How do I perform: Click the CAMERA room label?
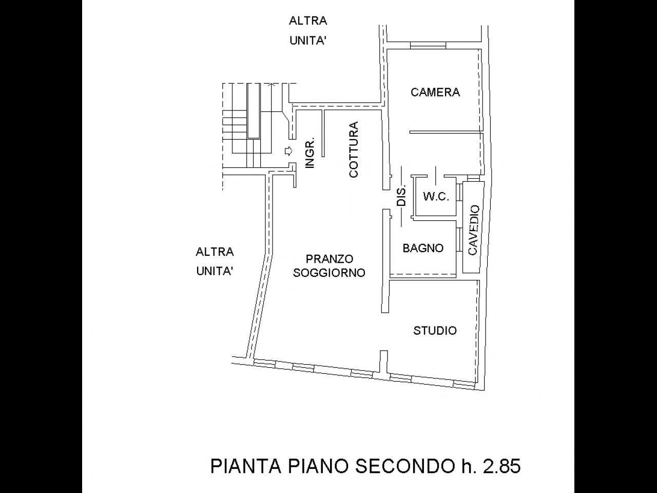[435, 92]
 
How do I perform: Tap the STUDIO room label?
[435, 331]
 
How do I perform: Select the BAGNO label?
[423, 248]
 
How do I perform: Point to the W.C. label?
[436, 197]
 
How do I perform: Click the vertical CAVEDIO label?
[474, 230]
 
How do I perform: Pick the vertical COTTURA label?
[354, 149]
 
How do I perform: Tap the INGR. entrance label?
[310, 153]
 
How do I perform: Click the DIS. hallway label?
[401, 195]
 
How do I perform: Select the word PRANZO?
[329, 259]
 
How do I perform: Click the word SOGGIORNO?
[329, 273]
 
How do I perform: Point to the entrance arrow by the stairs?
[288, 151]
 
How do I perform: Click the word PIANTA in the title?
[246, 466]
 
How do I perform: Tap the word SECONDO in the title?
[405, 466]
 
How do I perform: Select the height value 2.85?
[502, 466]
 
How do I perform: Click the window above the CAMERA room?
[428, 45]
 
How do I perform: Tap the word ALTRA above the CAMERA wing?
[308, 21]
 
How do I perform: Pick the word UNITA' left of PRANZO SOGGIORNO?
[215, 271]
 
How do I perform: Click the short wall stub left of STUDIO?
[384, 363]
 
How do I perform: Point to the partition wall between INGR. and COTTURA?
[323, 133]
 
